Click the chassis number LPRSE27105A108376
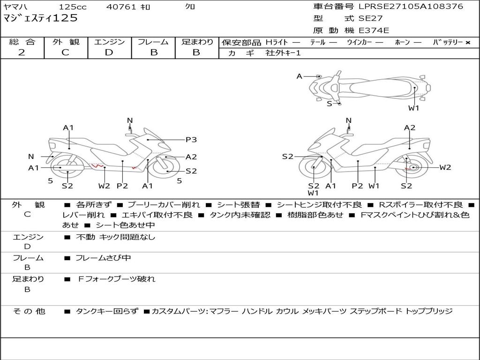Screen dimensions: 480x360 pyautogui.click(x=411, y=7)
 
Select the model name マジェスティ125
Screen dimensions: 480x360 pyautogui.click(x=41, y=18)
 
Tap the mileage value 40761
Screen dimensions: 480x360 pyautogui.click(x=121, y=7)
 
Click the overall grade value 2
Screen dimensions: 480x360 pyautogui.click(x=22, y=52)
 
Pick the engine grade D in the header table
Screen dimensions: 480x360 pyautogui.click(x=109, y=52)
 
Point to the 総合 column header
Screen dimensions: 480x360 pyautogui.click(x=22, y=42)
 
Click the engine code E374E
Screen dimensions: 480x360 pyautogui.click(x=374, y=30)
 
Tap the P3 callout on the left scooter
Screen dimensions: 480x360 pyautogui.click(x=191, y=139)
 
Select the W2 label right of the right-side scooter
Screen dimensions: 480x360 pyautogui.click(x=445, y=167)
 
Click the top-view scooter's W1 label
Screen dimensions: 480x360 pyautogui.click(x=413, y=108)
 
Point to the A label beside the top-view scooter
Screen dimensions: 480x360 pyautogui.click(x=300, y=76)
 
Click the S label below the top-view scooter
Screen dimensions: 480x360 pyautogui.click(x=329, y=104)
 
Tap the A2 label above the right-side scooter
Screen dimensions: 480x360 pyautogui.click(x=410, y=127)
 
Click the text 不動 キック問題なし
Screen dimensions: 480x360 pyautogui.click(x=115, y=237)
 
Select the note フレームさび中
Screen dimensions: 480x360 pyautogui.click(x=103, y=258)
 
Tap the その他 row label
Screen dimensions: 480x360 pyautogui.click(x=29, y=311)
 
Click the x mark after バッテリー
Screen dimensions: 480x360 pyautogui.click(x=467, y=42)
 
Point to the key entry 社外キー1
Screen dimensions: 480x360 pyautogui.click(x=283, y=53)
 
